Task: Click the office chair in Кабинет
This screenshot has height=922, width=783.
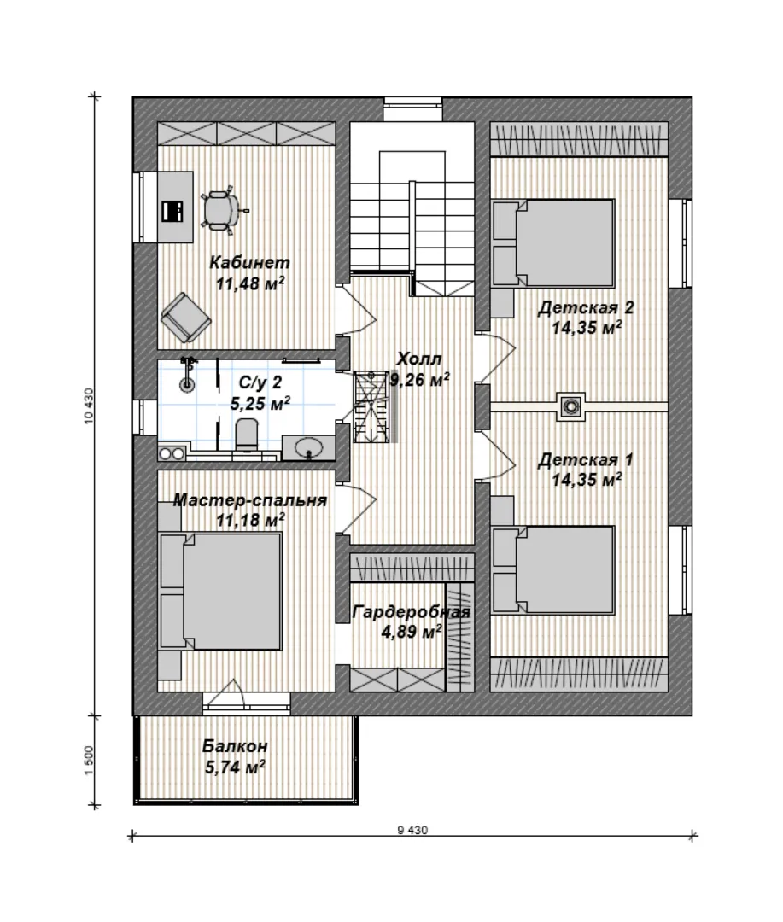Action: click(221, 209)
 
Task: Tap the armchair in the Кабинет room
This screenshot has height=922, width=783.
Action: click(185, 318)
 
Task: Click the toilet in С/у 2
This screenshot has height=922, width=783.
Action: click(247, 435)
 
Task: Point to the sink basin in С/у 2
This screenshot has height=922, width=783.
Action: click(308, 448)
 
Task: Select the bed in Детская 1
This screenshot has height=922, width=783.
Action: click(553, 569)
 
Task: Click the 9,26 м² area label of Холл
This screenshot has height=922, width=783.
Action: click(420, 381)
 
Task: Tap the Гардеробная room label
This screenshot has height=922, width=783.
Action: click(412, 613)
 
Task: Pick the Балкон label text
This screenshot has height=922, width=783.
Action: click(235, 746)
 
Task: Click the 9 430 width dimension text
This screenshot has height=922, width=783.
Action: click(412, 831)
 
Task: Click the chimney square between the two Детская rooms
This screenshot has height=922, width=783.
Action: click(570, 406)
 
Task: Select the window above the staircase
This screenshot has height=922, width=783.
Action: click(413, 108)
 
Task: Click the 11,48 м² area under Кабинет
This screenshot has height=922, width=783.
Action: click(250, 283)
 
